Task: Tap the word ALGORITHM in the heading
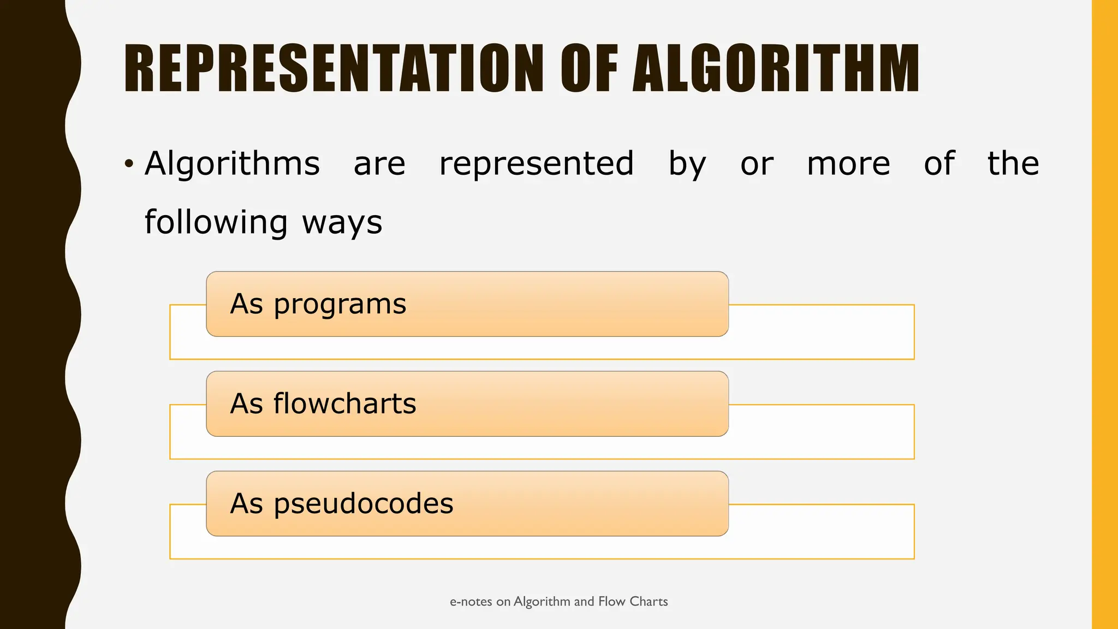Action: point(776,68)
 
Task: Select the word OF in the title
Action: point(589,68)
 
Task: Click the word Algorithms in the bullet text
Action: point(232,163)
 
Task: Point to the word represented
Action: point(537,163)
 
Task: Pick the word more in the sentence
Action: point(848,164)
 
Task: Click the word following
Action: point(216,222)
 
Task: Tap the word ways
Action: point(342,223)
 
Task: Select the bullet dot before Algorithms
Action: point(129,163)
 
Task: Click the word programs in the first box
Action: point(340,305)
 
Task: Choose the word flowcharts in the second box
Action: point(344,403)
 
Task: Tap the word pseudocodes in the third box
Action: point(363,503)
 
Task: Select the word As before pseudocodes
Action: point(247,503)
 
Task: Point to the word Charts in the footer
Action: point(649,601)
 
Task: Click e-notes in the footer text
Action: point(471,602)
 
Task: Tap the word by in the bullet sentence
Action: point(687,164)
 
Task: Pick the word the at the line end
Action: point(1013,163)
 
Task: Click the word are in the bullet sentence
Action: point(379,164)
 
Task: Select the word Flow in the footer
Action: point(611,601)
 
